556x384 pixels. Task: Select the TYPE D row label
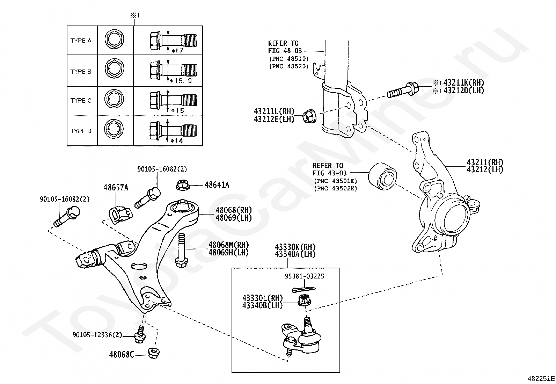(81, 131)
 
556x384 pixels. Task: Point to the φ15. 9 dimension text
(181, 81)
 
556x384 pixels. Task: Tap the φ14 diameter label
(177, 141)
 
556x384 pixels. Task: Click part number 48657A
(116, 188)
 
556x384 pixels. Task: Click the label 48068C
(122, 354)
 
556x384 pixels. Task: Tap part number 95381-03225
(305, 276)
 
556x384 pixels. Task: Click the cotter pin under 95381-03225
(303, 289)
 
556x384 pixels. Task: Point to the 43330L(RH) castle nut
(305, 300)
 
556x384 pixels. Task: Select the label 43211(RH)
(485, 162)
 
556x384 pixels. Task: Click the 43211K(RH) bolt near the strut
(403, 90)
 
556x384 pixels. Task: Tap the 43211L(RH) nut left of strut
(309, 116)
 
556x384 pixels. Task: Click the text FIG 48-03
(285, 51)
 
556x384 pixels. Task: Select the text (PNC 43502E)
(336, 189)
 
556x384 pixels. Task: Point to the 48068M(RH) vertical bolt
(182, 251)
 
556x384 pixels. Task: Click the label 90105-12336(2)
(97, 335)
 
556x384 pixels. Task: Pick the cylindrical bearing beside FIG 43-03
(382, 176)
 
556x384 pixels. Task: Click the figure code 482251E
(541, 378)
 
